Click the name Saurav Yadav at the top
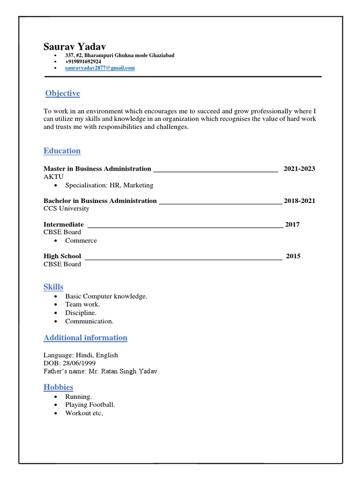point(75,47)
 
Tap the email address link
point(100,68)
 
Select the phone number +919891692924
point(83,61)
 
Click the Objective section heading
point(62,93)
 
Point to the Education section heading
point(62,151)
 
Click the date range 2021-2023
point(299,169)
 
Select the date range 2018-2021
point(299,201)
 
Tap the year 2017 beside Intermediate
point(292,225)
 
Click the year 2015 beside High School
point(293,256)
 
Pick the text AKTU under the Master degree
point(53,177)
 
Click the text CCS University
point(66,209)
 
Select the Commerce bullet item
point(81,240)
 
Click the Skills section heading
point(53,287)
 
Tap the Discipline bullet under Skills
point(81,313)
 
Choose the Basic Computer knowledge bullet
point(106,296)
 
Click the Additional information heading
point(85,337)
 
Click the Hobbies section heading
point(58,387)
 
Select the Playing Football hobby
point(90,405)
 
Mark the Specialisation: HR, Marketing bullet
point(109,185)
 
